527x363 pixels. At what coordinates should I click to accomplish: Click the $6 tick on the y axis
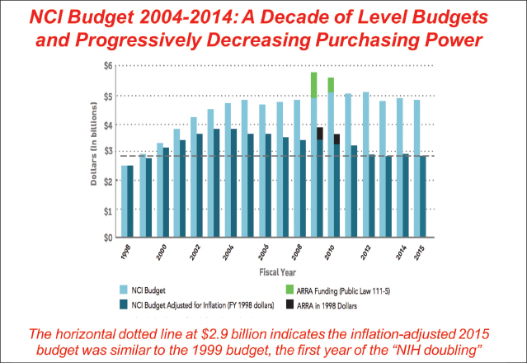tap(107, 65)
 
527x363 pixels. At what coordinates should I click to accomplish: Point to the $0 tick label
tap(107, 238)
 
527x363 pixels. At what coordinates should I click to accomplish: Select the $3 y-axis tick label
tap(107, 152)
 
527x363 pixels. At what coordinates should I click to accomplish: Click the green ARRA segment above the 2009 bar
tap(314, 85)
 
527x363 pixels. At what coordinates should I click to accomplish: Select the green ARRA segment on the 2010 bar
tap(331, 85)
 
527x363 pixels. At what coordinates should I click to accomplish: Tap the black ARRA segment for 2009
tap(320, 134)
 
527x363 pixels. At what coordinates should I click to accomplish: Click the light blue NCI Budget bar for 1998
tap(124, 201)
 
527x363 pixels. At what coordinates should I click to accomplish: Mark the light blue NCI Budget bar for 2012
tap(366, 165)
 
